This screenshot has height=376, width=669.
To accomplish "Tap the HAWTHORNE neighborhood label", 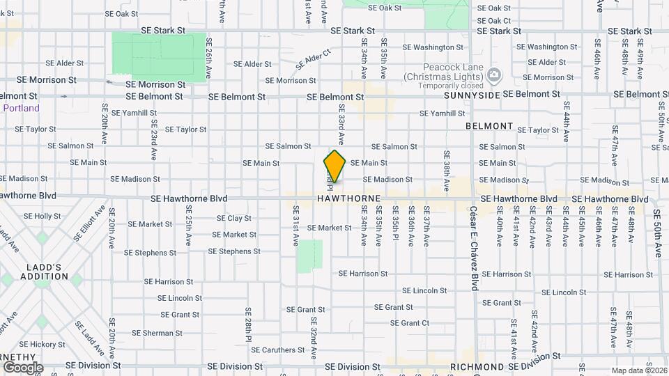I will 348,198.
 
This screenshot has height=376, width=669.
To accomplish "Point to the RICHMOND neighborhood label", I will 477,366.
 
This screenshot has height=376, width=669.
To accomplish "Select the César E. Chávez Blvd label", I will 474,247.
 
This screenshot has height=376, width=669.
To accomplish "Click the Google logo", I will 23,367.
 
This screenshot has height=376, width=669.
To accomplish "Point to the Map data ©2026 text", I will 638,370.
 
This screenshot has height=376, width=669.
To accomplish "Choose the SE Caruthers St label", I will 277,350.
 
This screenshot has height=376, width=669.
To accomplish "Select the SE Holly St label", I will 43,217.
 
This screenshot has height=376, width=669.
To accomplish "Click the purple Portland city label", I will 21,108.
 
